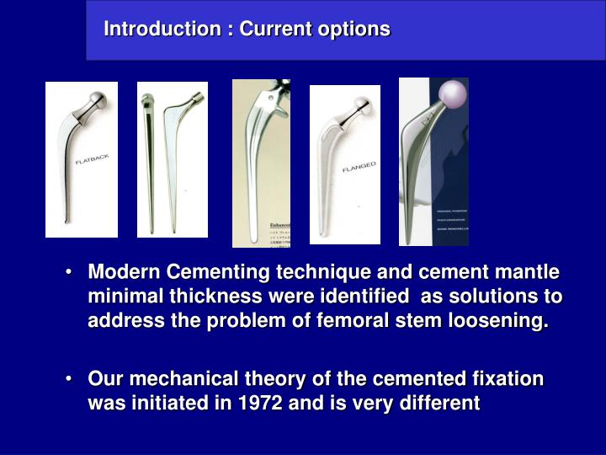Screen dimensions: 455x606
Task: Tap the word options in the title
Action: [357, 29]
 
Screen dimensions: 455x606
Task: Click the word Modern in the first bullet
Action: [125, 273]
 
